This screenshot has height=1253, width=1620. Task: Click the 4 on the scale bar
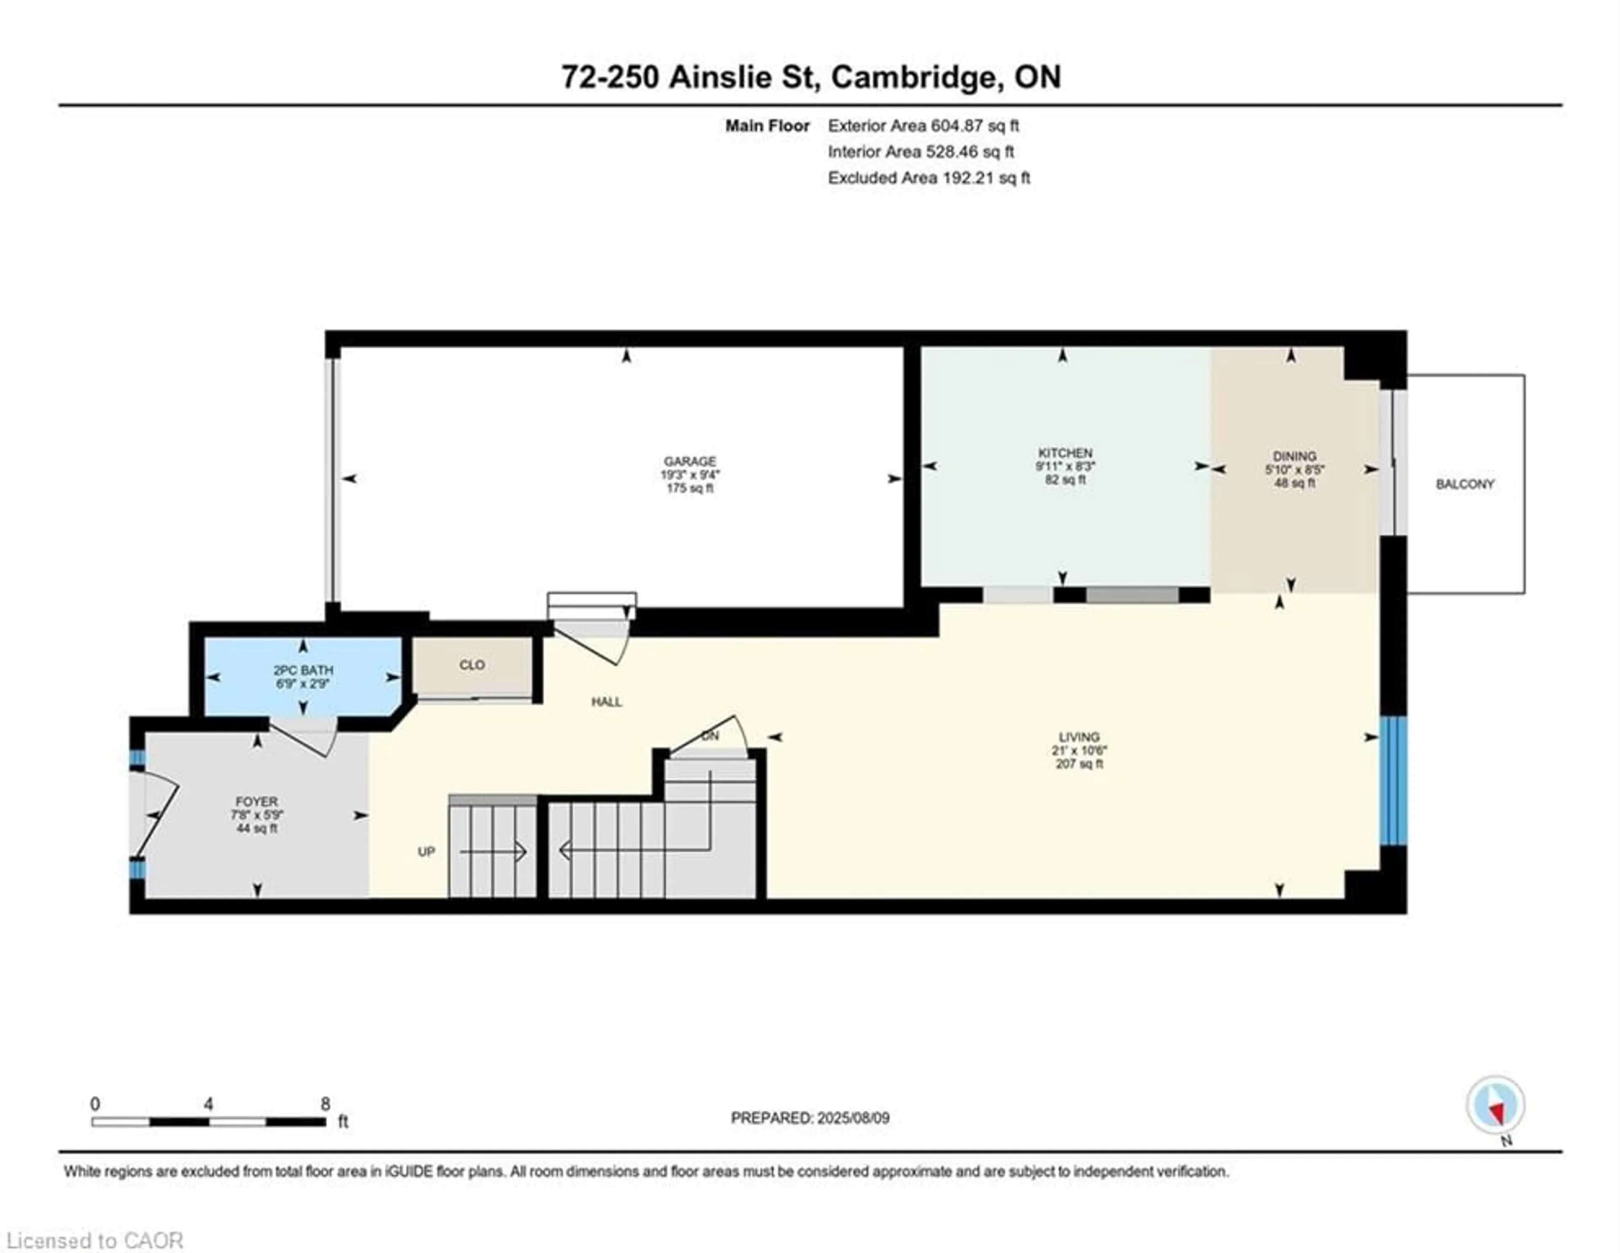click(208, 1104)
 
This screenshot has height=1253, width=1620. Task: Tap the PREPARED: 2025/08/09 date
click(810, 1118)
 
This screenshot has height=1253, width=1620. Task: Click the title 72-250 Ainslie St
click(690, 77)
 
